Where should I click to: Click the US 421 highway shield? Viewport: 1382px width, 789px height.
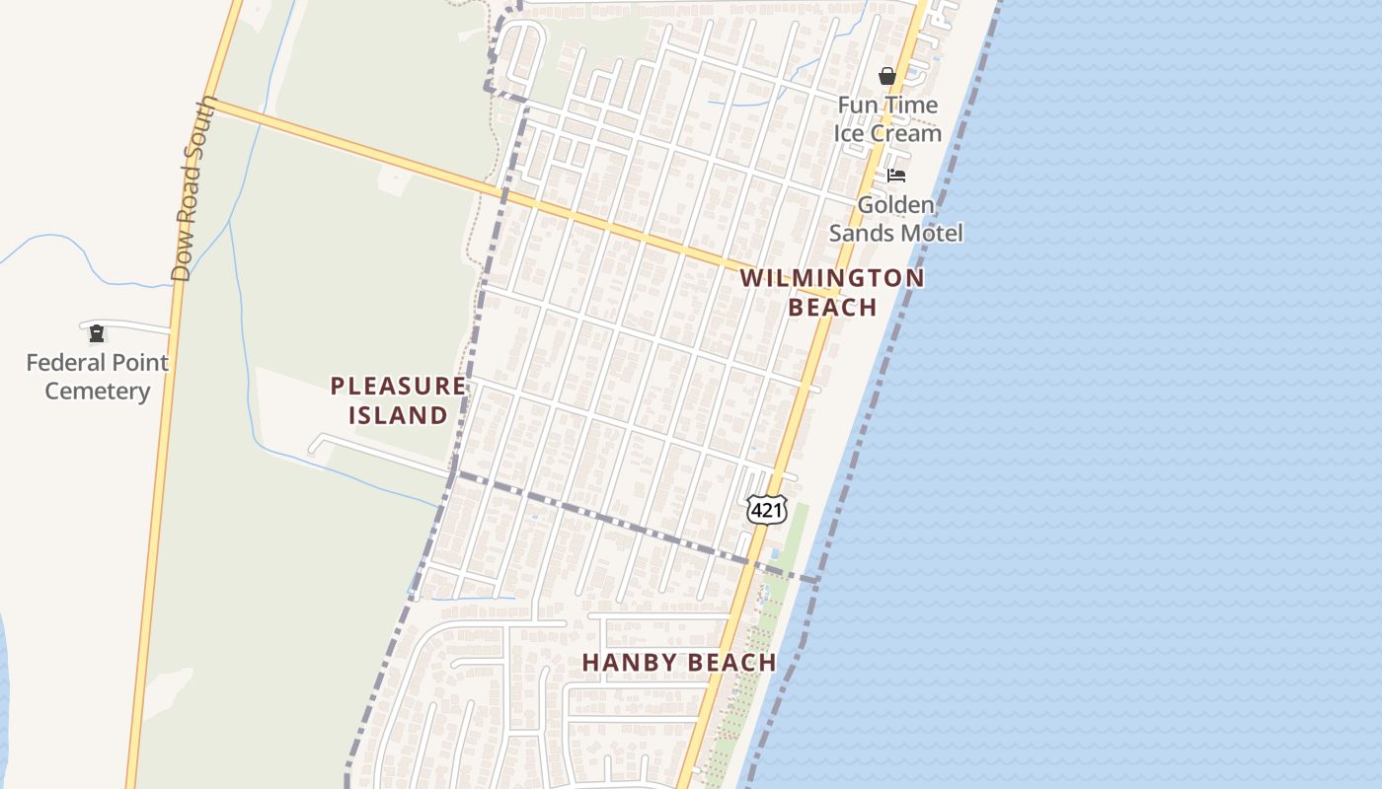767,509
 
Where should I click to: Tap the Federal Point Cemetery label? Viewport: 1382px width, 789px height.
97,377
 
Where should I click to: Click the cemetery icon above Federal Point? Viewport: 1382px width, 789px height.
97,333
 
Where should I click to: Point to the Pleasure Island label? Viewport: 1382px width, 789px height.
398,400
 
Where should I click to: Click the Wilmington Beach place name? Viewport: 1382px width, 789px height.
832,292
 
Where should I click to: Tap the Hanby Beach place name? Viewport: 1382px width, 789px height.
679,663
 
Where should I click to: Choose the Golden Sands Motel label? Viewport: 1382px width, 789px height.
895,219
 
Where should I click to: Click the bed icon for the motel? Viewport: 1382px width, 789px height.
896,176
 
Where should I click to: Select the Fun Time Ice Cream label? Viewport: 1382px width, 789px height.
887,118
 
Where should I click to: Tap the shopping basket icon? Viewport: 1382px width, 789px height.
887,76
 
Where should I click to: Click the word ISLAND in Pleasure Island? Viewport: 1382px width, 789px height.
398,415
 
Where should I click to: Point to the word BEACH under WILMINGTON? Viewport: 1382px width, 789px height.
832,307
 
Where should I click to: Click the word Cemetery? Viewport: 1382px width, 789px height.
97,392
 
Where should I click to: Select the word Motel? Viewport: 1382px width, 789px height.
931,233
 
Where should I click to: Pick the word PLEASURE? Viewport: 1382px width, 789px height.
398,386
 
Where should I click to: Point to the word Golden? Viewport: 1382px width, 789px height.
895,205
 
